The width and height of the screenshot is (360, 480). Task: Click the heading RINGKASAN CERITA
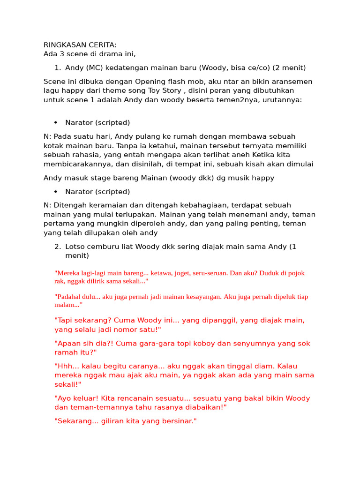pos(80,45)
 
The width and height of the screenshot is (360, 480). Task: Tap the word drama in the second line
pos(110,54)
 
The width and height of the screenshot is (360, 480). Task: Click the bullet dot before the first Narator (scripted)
pos(56,123)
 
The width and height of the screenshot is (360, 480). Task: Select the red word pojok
pos(296,273)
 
